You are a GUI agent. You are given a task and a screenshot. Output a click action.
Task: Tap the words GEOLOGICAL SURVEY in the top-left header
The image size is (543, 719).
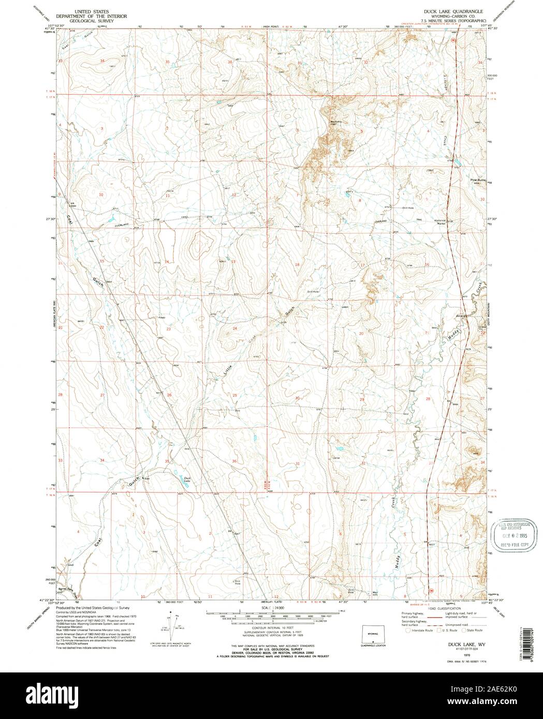tap(88, 20)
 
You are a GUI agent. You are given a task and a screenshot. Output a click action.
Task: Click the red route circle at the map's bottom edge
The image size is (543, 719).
tap(431, 590)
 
